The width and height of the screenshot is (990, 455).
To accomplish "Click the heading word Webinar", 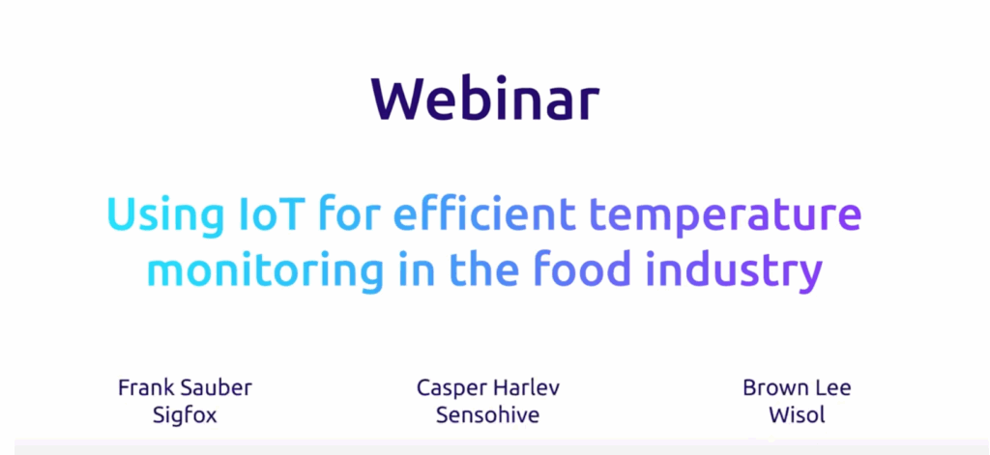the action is click(x=485, y=100).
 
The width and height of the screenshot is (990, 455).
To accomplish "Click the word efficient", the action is click(x=483, y=213).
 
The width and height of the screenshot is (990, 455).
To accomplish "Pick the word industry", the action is click(x=736, y=270).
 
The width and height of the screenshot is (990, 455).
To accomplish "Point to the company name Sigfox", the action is click(x=185, y=415).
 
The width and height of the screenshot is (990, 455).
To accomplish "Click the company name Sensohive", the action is click(x=488, y=415).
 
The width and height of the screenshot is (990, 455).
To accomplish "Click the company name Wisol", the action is click(x=797, y=415).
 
